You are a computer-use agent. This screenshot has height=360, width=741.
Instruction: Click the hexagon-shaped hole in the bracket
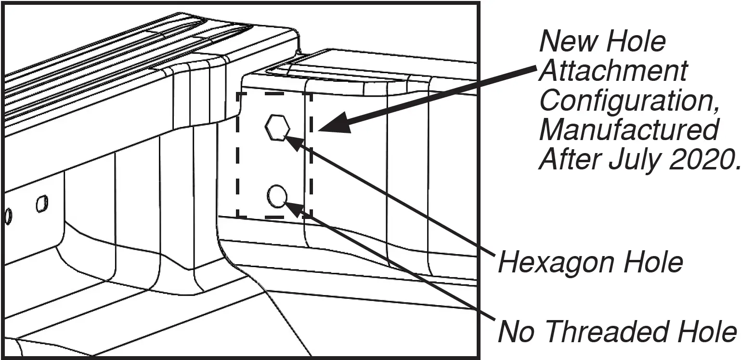[277, 128]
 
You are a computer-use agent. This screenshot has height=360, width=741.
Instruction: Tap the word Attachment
[613, 71]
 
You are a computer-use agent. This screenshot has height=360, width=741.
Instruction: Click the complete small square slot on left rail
[42, 204]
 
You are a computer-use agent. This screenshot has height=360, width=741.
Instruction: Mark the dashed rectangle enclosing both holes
[238, 154]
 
